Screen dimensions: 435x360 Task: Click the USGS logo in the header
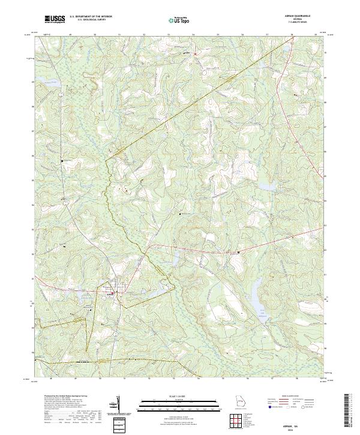tap(55, 19)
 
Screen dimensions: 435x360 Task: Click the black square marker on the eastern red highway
tap(238, 252)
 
